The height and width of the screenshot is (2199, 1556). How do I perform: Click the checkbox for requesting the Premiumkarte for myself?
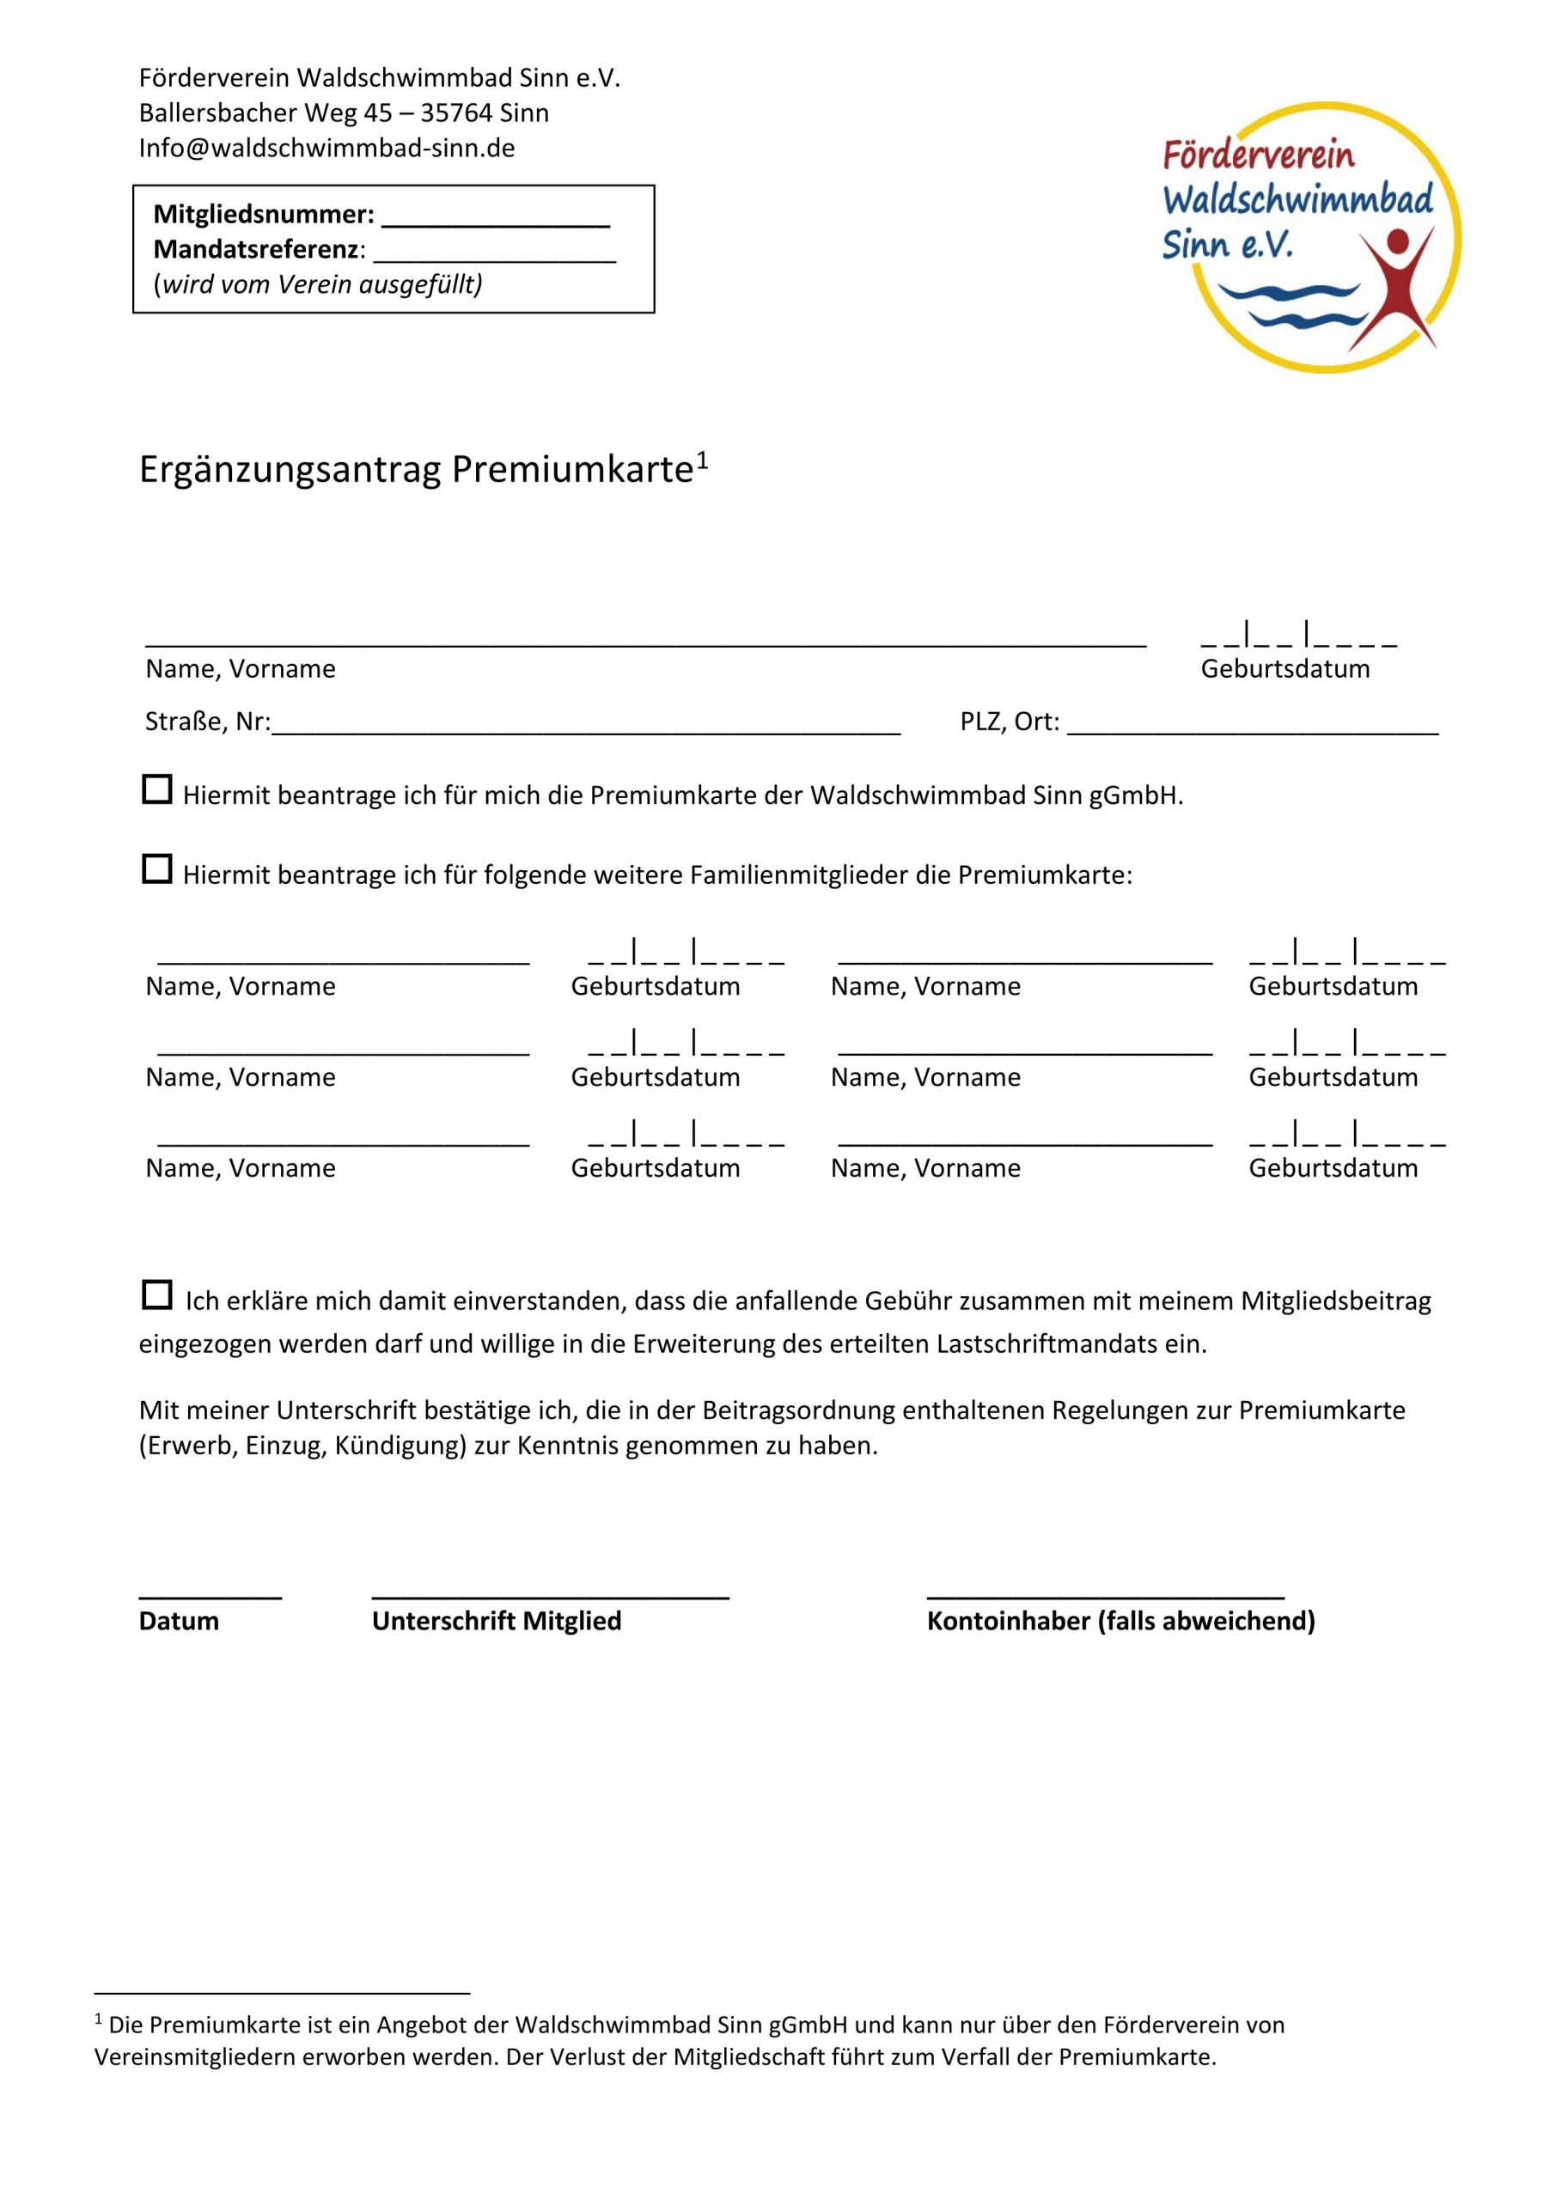click(x=157, y=790)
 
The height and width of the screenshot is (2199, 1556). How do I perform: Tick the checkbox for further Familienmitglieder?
click(x=157, y=869)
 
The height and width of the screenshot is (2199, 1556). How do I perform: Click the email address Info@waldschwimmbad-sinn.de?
click(x=326, y=149)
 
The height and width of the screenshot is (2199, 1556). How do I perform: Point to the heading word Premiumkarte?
click(x=572, y=470)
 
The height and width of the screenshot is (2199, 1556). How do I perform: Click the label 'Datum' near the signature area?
click(x=180, y=1622)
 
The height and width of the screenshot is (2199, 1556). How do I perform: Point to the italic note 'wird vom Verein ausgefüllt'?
click(x=318, y=284)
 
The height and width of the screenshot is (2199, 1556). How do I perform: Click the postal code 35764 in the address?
click(x=456, y=113)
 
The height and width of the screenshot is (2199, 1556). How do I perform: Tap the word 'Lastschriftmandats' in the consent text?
click(x=1046, y=1344)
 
